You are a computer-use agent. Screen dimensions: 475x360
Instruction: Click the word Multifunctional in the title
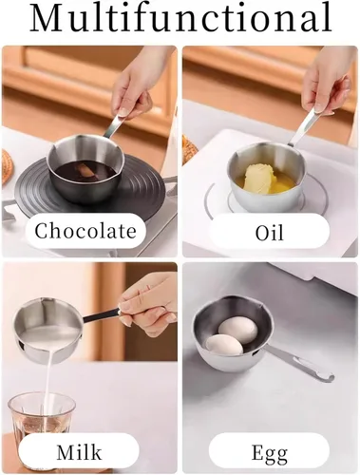tap(180, 19)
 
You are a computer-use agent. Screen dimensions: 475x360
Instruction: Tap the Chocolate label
tap(85, 231)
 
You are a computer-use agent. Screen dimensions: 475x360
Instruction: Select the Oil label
tap(270, 231)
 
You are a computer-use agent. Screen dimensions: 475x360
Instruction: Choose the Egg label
tap(270, 450)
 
